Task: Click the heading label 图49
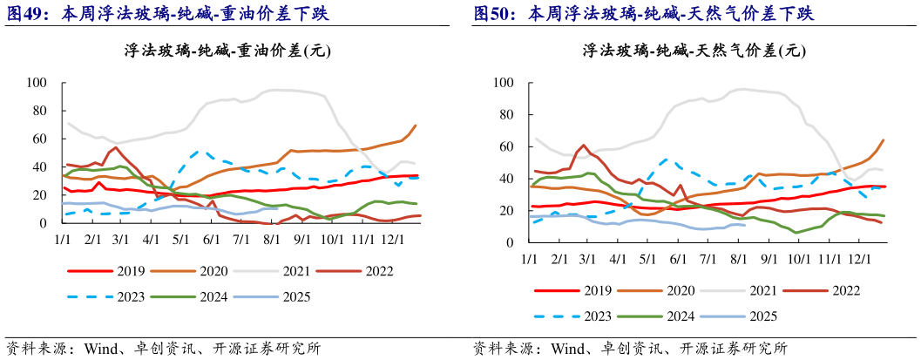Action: click(x=26, y=13)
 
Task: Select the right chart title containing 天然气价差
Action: click(x=694, y=51)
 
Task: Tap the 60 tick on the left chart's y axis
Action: click(x=39, y=139)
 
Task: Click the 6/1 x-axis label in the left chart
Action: click(x=211, y=239)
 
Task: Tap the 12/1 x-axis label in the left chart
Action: click(x=391, y=239)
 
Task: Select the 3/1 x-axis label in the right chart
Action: click(x=587, y=260)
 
